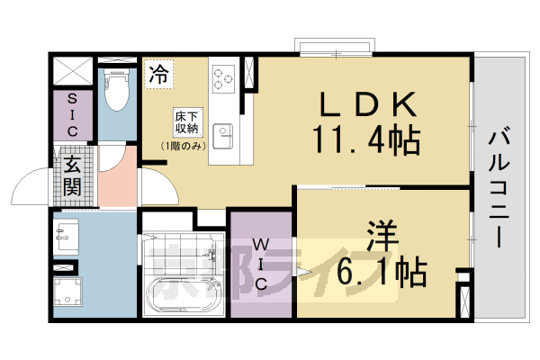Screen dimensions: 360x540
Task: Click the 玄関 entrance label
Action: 72,175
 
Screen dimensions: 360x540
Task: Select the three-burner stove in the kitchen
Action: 223,78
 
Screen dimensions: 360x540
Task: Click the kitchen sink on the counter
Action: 221,136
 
